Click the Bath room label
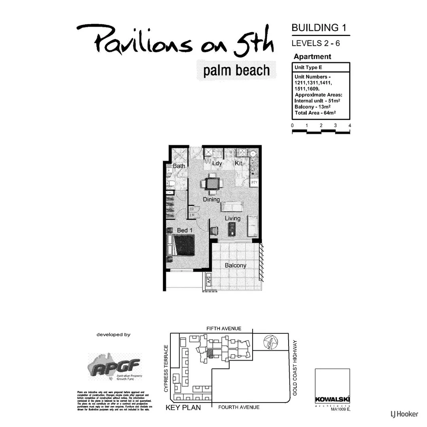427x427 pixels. click(179, 166)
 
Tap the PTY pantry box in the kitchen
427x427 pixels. click(255, 183)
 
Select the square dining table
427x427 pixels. click(212, 183)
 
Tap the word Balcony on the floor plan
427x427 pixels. click(235, 265)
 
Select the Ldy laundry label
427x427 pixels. click(217, 163)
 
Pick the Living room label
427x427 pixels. click(232, 218)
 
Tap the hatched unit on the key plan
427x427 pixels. click(210, 353)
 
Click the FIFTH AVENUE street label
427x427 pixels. click(224, 329)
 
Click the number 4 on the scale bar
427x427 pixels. click(350, 125)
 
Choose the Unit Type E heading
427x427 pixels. click(308, 67)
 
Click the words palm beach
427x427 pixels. click(236, 71)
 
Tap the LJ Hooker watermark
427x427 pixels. click(404, 414)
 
